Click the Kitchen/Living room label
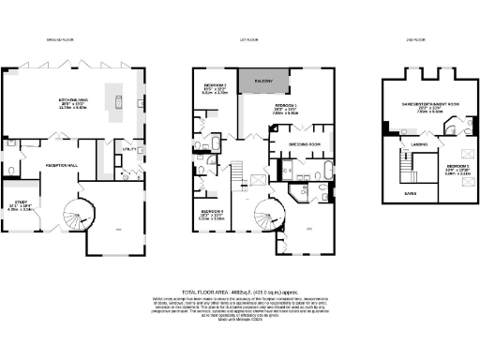coord(74,104)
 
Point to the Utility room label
coord(129,148)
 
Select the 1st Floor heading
coord(247,40)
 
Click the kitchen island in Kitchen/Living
coord(119,97)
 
